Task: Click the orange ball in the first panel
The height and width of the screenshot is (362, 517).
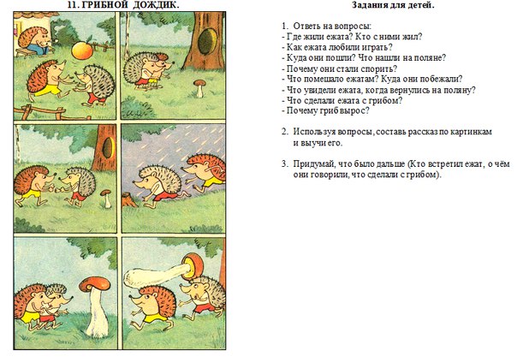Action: tap(82, 50)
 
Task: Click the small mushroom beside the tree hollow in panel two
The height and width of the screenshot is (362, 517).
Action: tap(199, 88)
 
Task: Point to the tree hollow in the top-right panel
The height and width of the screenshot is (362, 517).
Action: tap(208, 41)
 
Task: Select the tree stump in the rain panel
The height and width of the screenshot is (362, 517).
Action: tap(129, 199)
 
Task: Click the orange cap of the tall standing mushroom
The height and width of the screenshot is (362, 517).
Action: tap(95, 283)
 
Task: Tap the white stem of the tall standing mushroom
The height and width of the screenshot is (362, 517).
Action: tap(97, 312)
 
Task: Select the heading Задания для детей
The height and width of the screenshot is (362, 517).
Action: tap(393, 5)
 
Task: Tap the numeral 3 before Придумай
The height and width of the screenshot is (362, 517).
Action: tap(284, 163)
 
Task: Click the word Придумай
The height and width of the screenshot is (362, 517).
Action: tap(308, 163)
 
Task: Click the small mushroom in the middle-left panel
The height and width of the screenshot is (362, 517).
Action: tap(106, 199)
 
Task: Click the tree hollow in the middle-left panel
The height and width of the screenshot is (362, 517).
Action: tap(108, 148)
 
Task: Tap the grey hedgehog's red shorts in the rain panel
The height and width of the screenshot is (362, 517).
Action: tap(165, 197)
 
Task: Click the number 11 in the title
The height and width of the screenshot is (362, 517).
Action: tap(71, 4)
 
